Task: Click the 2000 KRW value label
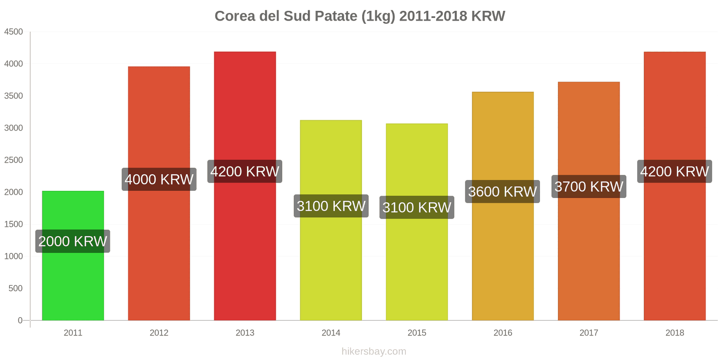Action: (73, 241)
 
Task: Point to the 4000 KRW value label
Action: (159, 180)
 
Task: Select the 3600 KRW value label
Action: (502, 192)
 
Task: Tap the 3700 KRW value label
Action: (589, 187)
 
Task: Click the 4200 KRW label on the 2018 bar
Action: (674, 171)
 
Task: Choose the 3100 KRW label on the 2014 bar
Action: (331, 206)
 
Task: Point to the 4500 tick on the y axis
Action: (13, 32)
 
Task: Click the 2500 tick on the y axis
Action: (13, 160)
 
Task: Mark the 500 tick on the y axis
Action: (15, 288)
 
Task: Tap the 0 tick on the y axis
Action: (20, 320)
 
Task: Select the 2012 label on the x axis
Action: (159, 333)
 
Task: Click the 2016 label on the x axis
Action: (503, 333)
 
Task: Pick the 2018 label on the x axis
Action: (675, 333)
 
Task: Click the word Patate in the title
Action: (336, 16)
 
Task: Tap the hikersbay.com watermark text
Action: (373, 351)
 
